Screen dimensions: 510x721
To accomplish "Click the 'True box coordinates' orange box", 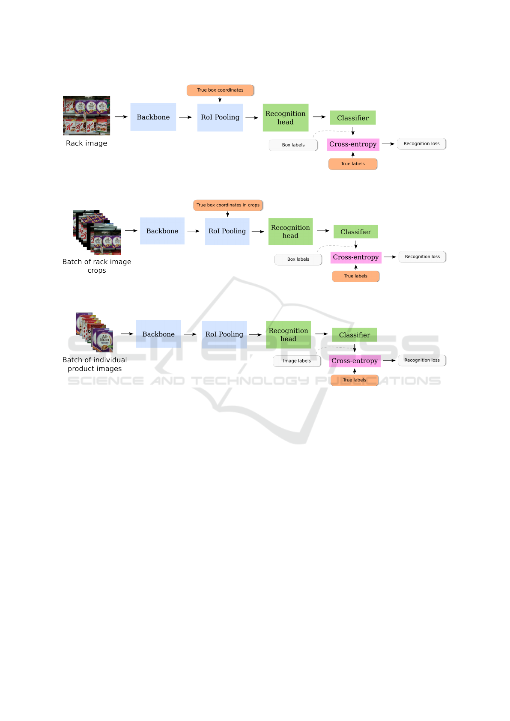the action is [x=220, y=90].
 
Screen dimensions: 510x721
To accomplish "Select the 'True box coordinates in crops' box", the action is [x=228, y=205].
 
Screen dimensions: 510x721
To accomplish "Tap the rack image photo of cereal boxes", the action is [x=86, y=116].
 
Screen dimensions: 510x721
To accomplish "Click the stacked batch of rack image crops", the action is [x=97, y=232].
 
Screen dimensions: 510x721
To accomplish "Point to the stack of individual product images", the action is [x=94, y=332].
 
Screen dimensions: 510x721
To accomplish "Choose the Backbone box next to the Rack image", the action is [x=153, y=117].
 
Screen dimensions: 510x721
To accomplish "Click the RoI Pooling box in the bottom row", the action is [x=224, y=334].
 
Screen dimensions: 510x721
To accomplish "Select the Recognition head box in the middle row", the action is [x=290, y=232].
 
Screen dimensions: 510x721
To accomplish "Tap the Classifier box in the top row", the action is [x=353, y=118].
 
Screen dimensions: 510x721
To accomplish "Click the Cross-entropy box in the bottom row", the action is [x=355, y=361].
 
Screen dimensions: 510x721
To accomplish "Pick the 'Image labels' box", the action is [x=297, y=361].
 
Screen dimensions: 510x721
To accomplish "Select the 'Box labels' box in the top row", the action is [x=293, y=145].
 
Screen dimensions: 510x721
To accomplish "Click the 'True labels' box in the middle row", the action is [x=356, y=276].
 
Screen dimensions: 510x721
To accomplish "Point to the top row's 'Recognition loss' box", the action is [x=421, y=144].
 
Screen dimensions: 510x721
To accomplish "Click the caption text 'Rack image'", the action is [x=86, y=143].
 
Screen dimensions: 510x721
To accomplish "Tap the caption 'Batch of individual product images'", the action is [x=95, y=364].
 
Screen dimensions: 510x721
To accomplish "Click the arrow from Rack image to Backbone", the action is [x=121, y=117].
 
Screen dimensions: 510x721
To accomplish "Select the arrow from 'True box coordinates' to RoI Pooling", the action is [x=220, y=99].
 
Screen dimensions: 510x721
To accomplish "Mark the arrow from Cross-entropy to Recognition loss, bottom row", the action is [x=389, y=360].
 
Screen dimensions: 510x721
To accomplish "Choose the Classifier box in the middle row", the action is [x=356, y=232].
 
